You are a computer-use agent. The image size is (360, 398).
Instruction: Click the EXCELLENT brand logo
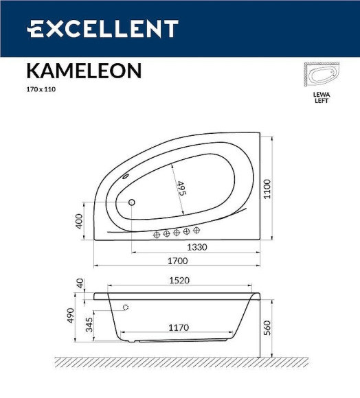(x=102, y=29)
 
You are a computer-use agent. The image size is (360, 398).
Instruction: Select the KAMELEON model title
(x=84, y=71)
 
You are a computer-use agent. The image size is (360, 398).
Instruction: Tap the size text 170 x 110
(x=41, y=90)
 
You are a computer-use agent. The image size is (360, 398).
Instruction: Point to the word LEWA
(x=321, y=95)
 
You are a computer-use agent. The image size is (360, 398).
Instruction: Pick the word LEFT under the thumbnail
(x=321, y=101)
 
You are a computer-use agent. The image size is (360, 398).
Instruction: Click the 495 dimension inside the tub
(x=182, y=189)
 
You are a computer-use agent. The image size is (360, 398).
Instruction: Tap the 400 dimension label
(x=79, y=221)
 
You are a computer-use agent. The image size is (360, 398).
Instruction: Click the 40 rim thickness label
(x=79, y=283)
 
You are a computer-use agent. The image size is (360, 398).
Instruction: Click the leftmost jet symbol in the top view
(x=156, y=235)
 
